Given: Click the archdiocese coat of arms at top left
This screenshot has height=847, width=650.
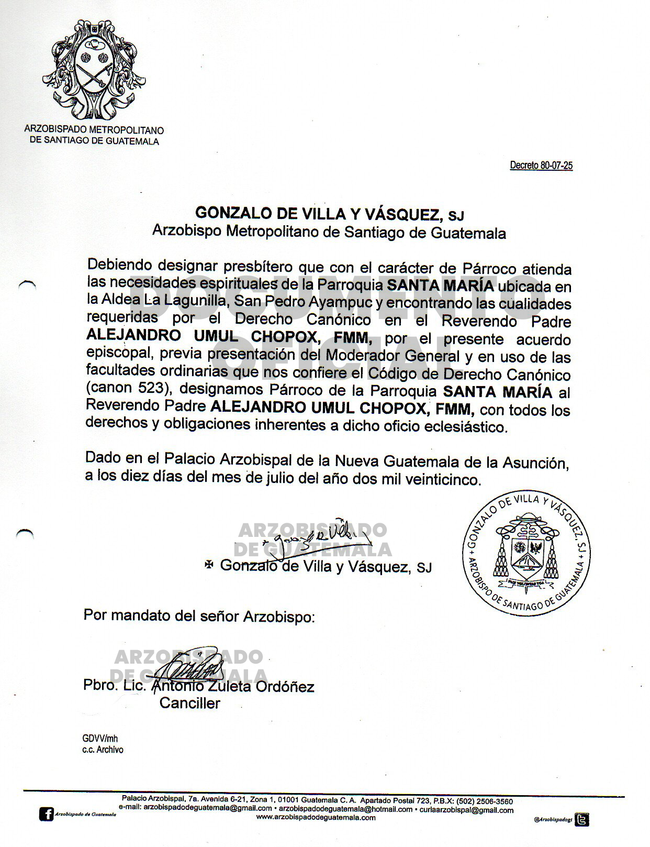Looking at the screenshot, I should pyautogui.click(x=94, y=70).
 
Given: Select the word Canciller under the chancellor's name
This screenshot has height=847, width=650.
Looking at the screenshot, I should pyautogui.click(x=189, y=703).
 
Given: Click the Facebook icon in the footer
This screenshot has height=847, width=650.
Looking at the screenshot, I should pyautogui.click(x=47, y=814).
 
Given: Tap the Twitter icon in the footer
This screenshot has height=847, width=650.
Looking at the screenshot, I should pyautogui.click(x=581, y=819).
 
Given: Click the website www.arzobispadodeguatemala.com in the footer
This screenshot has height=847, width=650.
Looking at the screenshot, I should pyautogui.click(x=316, y=817).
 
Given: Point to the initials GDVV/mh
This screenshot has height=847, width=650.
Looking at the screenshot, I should pyautogui.click(x=100, y=739).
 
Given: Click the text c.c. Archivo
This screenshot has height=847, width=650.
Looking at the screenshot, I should pyautogui.click(x=103, y=750).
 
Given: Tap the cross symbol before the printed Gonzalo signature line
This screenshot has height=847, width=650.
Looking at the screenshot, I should pyautogui.click(x=209, y=565).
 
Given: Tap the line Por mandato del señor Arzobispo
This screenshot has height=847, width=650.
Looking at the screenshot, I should pyautogui.click(x=199, y=616).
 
